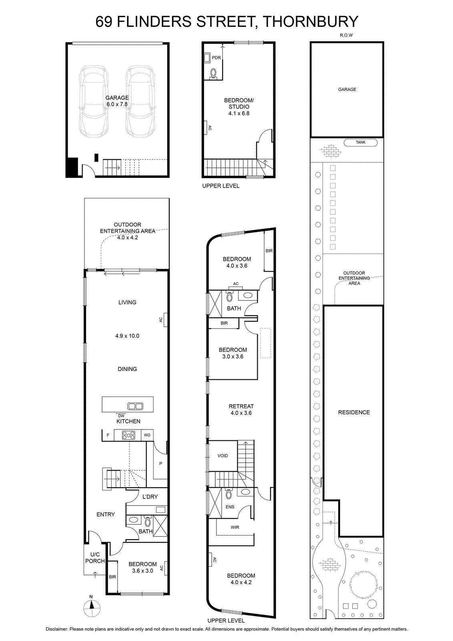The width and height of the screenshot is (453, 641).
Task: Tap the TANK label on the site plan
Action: (x=361, y=142)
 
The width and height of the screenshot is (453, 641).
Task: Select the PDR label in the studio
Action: (x=216, y=58)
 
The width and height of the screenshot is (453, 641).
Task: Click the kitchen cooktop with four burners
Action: (x=128, y=435)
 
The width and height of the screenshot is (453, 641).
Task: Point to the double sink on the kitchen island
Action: (x=135, y=406)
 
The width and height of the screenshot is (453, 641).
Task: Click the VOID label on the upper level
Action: (x=222, y=456)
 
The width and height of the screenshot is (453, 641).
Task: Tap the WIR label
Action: (x=235, y=527)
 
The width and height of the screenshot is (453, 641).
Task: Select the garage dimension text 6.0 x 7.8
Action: (x=117, y=105)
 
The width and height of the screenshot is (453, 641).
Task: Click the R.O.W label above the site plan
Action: (x=346, y=35)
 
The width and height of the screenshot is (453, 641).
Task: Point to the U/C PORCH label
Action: (x=95, y=558)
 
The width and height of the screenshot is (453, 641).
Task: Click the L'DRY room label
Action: (x=150, y=497)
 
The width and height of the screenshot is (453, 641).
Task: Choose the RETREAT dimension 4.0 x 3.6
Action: (x=241, y=413)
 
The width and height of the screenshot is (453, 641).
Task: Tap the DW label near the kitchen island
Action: (x=121, y=416)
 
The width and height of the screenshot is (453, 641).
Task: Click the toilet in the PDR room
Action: (x=213, y=74)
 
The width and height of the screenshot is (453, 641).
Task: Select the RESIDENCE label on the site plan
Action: (x=354, y=412)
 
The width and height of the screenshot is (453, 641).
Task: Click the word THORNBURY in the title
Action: (x=310, y=22)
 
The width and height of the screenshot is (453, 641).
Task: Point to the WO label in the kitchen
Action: (x=147, y=435)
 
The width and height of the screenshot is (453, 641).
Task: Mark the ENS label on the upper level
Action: (x=230, y=507)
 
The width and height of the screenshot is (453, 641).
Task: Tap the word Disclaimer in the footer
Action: (x=56, y=629)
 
